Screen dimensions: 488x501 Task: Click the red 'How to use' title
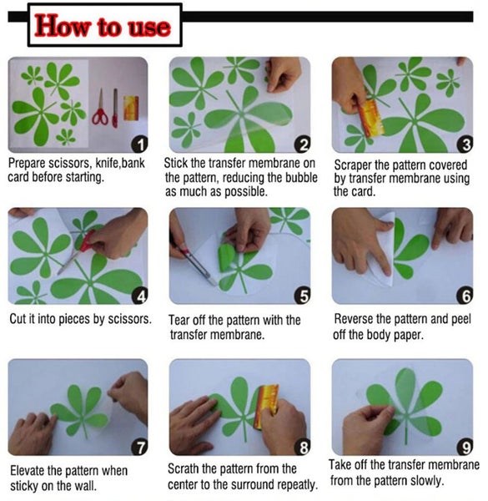[103, 26]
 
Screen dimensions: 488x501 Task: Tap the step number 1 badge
[139, 144]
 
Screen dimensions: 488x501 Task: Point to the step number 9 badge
[465, 447]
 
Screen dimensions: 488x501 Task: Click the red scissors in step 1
[100, 109]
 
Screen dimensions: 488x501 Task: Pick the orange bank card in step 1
[131, 108]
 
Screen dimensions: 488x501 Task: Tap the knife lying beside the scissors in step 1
[115, 108]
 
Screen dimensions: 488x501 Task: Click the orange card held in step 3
[371, 118]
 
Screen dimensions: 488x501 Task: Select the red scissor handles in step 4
[86, 241]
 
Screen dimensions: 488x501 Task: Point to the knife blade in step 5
[199, 267]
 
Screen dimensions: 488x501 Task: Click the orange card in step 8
[265, 407]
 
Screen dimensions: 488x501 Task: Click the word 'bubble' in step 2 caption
[301, 177]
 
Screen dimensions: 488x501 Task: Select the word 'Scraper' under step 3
[353, 164]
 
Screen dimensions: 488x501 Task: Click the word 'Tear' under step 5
[179, 320]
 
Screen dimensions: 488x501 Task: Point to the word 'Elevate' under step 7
[28, 470]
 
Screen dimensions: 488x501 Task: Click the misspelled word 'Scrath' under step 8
[184, 468]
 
